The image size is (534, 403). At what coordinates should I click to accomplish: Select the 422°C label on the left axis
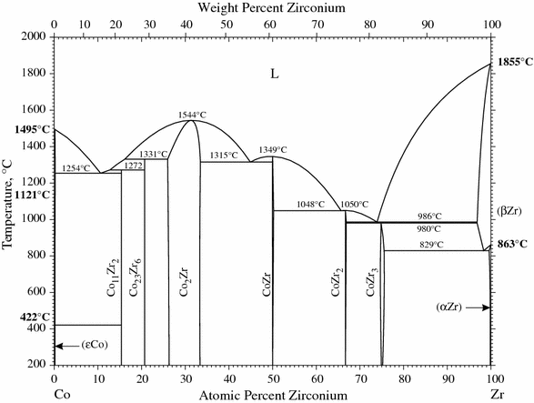(23, 317)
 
